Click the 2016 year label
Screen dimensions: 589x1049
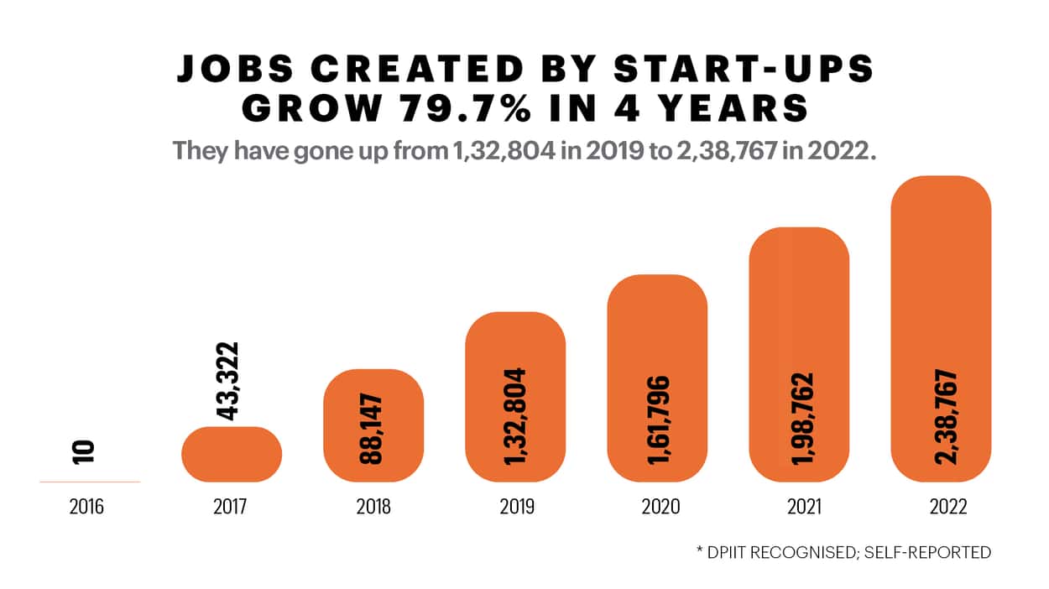pyautogui.click(x=88, y=508)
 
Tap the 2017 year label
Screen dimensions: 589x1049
pyautogui.click(x=231, y=508)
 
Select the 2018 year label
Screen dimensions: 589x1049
pyautogui.click(x=373, y=508)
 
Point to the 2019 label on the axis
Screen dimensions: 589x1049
pyautogui.click(x=514, y=508)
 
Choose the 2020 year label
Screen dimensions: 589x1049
pyautogui.click(x=657, y=508)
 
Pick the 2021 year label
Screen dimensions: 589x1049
pyautogui.click(x=798, y=508)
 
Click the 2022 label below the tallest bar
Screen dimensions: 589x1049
pyautogui.click(x=941, y=508)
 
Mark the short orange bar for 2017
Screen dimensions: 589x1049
pyautogui.click(x=232, y=455)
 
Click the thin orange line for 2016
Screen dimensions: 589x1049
pyautogui.click(x=89, y=482)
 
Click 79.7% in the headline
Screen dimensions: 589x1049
pyautogui.click(x=488, y=110)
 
